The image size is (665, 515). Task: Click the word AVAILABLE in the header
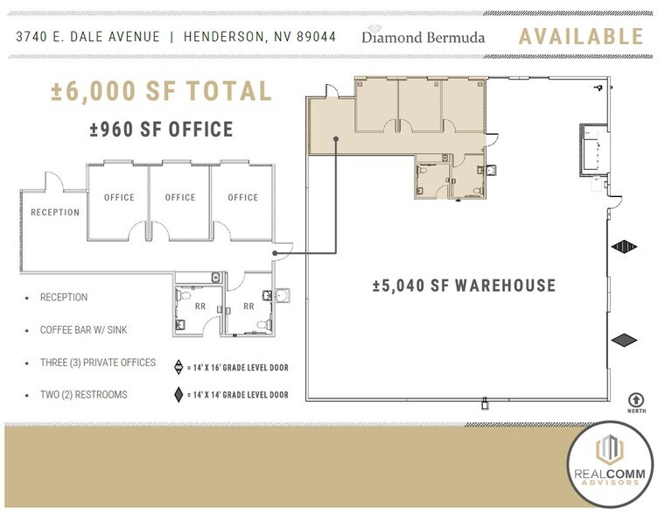[581, 37]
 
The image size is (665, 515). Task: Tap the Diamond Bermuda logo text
[423, 38]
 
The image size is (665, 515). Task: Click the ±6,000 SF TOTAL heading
[161, 90]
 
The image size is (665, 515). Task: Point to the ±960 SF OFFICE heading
[161, 131]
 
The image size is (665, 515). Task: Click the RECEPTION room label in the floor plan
[55, 212]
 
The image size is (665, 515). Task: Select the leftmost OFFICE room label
[119, 197]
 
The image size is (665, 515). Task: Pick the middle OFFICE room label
[180, 197]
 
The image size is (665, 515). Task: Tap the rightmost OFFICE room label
[243, 197]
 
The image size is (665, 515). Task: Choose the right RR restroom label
[248, 307]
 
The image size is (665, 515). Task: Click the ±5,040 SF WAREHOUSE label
[464, 286]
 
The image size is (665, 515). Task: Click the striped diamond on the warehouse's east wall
[624, 247]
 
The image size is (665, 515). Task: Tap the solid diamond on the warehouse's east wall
[624, 340]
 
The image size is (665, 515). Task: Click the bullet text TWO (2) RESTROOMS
[84, 395]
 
